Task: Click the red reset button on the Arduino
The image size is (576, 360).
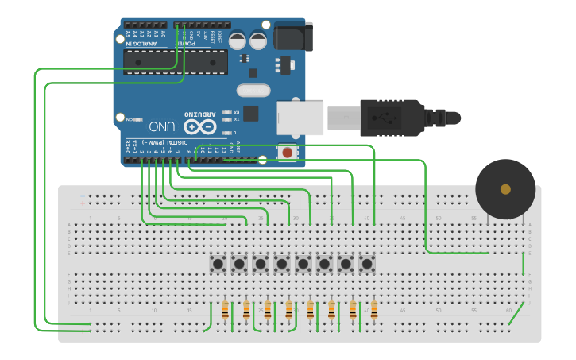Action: (286, 152)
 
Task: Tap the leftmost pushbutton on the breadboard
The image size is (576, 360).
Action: (217, 263)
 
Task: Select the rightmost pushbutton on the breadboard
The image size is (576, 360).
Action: (366, 263)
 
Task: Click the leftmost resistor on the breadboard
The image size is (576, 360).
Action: (226, 310)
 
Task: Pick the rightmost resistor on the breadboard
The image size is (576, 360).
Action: (373, 310)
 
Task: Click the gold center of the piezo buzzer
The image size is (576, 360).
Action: (505, 189)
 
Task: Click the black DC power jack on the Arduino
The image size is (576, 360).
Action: (292, 37)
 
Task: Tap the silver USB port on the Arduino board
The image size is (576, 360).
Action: (301, 117)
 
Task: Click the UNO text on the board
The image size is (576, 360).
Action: (161, 126)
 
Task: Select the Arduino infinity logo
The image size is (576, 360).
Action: (199, 126)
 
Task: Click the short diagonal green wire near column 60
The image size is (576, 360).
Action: (516, 314)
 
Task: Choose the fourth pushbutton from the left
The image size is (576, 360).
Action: (281, 263)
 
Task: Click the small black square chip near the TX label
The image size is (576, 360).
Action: (251, 113)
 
